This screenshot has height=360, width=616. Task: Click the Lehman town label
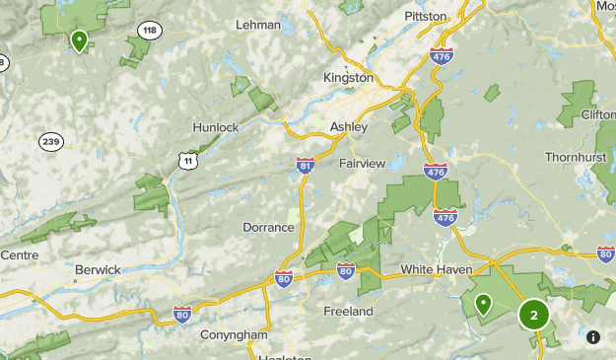259,25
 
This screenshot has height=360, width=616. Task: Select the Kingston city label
348,77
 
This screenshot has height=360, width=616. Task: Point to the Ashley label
348,127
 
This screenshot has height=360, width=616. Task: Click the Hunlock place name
217,127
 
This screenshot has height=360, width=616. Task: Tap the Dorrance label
268,227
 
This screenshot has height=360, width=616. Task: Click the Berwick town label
98,269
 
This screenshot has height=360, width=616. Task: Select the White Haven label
437,269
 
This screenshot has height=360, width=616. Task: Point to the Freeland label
348,311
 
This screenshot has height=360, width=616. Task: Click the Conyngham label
234,335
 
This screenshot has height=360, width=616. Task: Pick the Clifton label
597,114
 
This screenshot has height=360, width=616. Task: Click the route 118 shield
150,31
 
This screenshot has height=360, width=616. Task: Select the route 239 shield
51,141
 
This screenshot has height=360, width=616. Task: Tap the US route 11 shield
188,158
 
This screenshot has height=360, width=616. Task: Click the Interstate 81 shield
306,166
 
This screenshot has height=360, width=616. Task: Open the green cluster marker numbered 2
533,316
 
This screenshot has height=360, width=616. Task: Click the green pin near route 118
79,39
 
